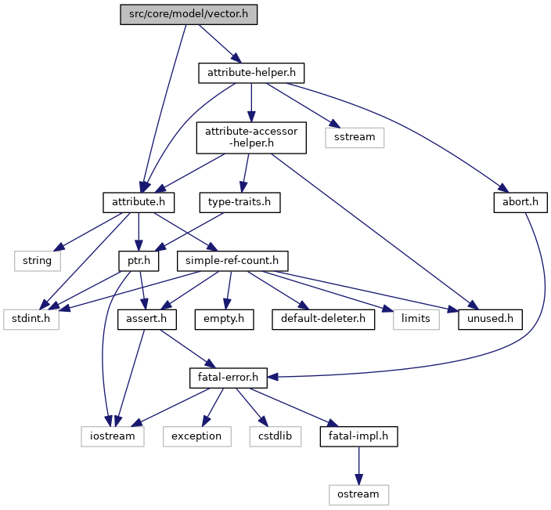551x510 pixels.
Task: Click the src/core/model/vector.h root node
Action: (x=189, y=14)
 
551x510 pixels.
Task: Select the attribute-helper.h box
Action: (x=251, y=73)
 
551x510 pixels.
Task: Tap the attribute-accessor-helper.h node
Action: (x=251, y=138)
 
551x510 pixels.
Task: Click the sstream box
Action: (x=355, y=138)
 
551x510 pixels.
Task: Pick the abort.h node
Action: (x=520, y=202)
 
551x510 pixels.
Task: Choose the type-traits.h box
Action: (x=239, y=202)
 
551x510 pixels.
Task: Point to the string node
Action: (x=38, y=261)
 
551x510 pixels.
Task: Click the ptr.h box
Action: (x=139, y=261)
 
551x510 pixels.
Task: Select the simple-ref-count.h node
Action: (x=232, y=261)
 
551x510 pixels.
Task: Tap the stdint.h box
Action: (x=31, y=320)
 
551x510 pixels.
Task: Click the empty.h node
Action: (x=224, y=320)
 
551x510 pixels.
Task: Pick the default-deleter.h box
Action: (x=323, y=320)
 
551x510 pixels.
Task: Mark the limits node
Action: (x=416, y=320)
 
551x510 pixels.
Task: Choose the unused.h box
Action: (x=490, y=320)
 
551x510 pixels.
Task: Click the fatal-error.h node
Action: (x=229, y=378)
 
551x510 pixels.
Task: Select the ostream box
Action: (x=358, y=495)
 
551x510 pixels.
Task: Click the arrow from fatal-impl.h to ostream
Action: (x=358, y=466)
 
